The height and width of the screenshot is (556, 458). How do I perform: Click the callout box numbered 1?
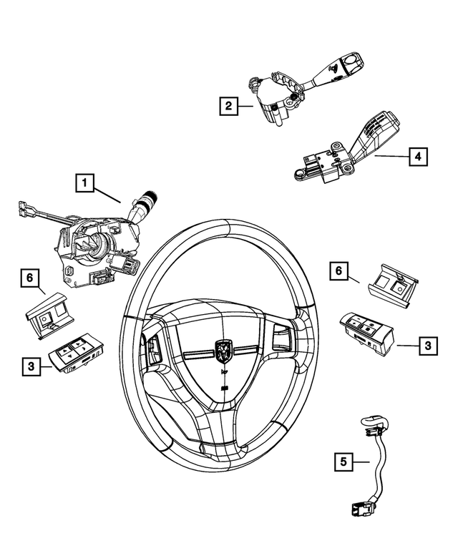pos(84,185)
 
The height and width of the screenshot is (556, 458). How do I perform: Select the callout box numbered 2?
pos(228,107)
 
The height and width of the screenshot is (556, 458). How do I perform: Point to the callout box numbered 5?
pos(344,462)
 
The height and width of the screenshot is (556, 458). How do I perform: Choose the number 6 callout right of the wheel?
pos(339,271)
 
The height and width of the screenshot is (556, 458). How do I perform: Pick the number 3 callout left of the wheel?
pos(31,366)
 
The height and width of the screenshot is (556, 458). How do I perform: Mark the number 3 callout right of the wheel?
pos(427,346)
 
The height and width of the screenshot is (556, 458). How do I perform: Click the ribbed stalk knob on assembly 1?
pos(150,197)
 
